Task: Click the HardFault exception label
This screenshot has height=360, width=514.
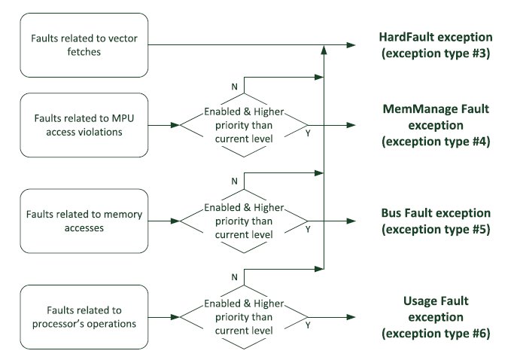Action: point(436,45)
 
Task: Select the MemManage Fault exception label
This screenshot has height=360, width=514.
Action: point(436,125)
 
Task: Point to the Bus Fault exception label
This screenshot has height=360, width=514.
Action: point(436,221)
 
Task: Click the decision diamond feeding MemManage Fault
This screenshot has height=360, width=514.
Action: point(243,125)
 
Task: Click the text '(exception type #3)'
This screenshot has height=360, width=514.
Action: point(436,53)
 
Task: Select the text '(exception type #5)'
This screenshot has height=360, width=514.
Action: point(436,230)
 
